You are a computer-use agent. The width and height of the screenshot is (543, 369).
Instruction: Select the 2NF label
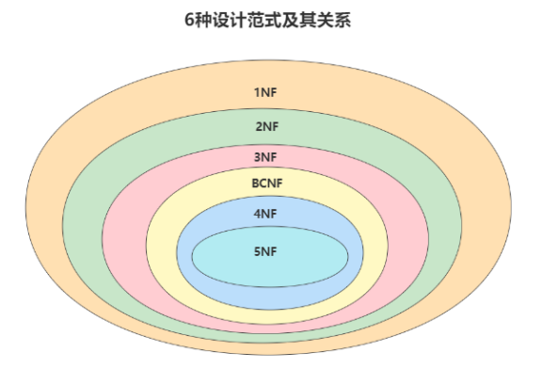point(266,126)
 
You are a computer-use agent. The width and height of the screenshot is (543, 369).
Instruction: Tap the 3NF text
point(266,156)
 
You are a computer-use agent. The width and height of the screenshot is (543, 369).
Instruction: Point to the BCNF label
point(266,183)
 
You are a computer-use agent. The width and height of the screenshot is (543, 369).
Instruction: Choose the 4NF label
point(266,214)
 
